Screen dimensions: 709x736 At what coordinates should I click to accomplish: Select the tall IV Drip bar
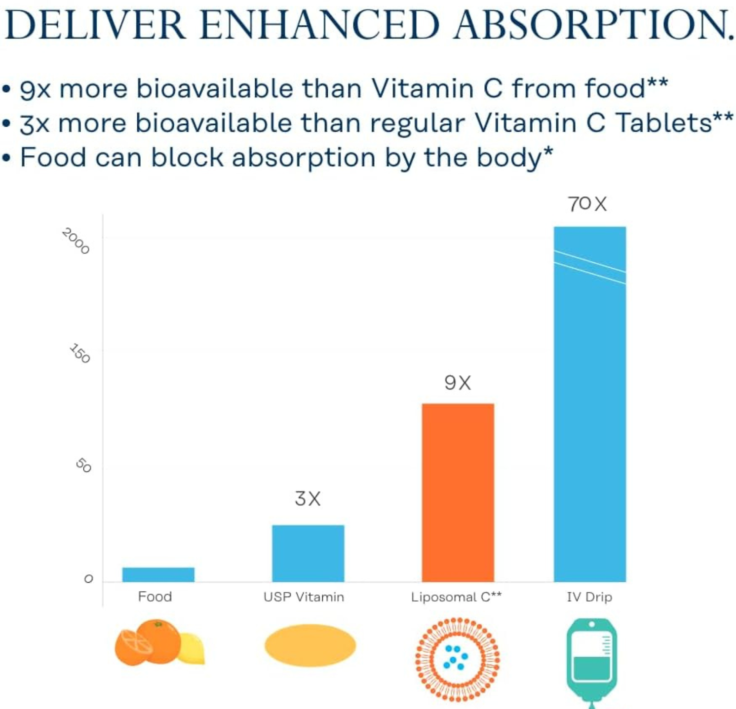coord(589,404)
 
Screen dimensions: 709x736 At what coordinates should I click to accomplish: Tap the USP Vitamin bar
coord(308,553)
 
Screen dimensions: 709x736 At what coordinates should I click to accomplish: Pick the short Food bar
coord(158,574)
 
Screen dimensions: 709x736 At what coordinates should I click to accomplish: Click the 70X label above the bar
coord(587,204)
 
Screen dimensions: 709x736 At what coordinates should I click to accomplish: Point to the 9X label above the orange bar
coord(458,383)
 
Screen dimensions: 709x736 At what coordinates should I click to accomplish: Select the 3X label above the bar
coord(308,499)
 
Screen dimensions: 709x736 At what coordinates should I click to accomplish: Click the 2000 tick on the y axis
coord(76,241)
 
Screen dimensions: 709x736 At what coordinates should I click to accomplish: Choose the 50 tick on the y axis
coord(84,465)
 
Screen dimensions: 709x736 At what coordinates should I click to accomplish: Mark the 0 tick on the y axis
coord(88,579)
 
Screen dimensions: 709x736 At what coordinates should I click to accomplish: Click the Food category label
coord(155,597)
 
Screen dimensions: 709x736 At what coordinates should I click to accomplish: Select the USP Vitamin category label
coord(304,597)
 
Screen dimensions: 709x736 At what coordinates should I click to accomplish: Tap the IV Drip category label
coord(589,597)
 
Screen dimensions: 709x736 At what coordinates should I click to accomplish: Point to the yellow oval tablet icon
coord(310,645)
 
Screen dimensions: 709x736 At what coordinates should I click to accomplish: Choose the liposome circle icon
coord(458,659)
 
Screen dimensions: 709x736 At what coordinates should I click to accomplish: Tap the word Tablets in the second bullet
coord(663,123)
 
